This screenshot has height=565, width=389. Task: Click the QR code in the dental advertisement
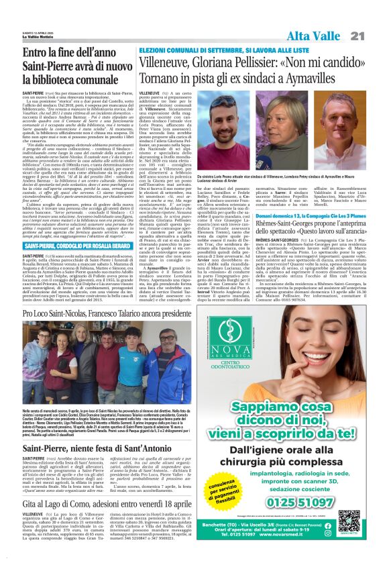pos(351,519)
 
